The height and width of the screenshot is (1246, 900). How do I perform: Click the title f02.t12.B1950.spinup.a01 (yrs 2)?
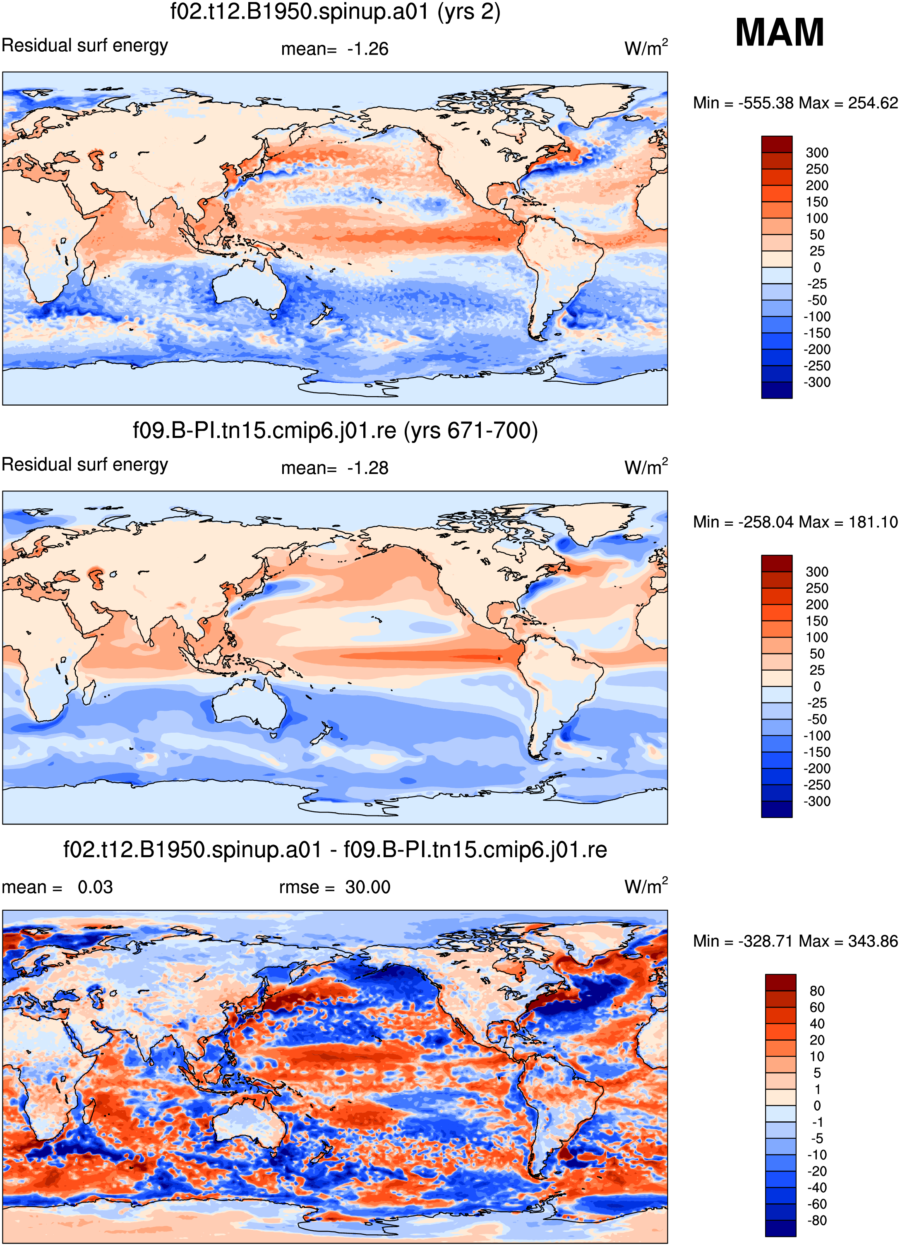pyautogui.click(x=335, y=12)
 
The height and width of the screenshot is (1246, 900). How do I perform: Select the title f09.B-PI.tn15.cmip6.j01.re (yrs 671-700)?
pyautogui.click(x=335, y=431)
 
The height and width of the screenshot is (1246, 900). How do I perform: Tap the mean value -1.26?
pyautogui.click(x=367, y=49)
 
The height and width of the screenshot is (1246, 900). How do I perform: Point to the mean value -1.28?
pyautogui.click(x=367, y=468)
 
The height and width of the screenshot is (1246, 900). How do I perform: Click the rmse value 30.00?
pyautogui.click(x=367, y=887)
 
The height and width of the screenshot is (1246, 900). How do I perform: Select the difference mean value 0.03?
pyautogui.click(x=95, y=887)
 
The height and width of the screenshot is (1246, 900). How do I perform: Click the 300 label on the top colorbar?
pyautogui.click(x=817, y=153)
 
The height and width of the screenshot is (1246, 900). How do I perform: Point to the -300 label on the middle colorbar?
pyautogui.click(x=817, y=801)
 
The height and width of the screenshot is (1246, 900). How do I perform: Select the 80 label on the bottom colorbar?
pyautogui.click(x=817, y=991)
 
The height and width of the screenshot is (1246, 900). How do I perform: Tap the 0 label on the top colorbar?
pyautogui.click(x=817, y=267)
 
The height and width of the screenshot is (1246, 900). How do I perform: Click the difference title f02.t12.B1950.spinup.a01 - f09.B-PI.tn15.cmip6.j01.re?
pyautogui.click(x=335, y=850)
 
